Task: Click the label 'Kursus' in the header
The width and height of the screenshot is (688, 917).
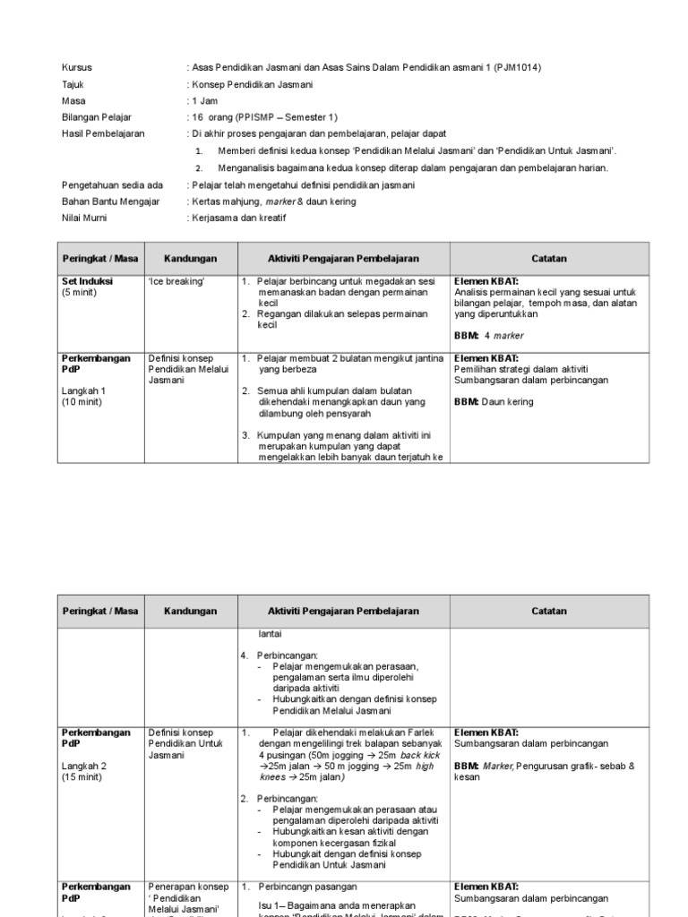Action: [76, 67]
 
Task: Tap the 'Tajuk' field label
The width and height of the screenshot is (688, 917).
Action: [73, 84]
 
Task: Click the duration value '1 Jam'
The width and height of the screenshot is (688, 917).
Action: [204, 101]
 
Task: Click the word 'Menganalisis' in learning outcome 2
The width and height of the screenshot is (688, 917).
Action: [248, 167]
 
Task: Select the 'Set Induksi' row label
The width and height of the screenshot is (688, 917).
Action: [87, 280]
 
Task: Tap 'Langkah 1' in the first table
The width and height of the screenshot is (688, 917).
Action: [83, 390]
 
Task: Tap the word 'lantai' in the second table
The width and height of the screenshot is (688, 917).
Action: [270, 633]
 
